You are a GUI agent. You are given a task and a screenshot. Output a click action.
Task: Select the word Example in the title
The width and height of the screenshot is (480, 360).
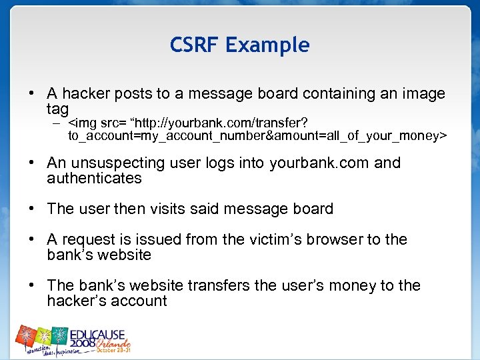267,46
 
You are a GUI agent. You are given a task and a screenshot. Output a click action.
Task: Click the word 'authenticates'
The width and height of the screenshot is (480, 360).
94,179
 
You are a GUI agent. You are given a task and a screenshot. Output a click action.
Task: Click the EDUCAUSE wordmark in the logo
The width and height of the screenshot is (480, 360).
99,334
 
